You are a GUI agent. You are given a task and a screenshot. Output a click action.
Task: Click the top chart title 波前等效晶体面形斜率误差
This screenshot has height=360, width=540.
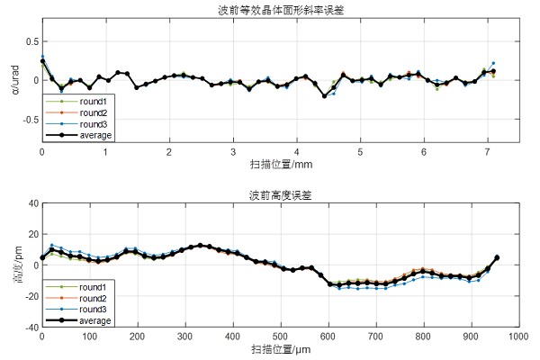click(x=279, y=10)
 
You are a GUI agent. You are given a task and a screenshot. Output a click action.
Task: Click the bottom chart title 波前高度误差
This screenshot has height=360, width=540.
click(x=279, y=194)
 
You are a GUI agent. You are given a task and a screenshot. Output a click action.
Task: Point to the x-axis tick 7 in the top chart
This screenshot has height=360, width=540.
click(x=487, y=151)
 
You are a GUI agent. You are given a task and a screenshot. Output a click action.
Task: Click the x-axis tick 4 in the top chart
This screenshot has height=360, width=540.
click(x=296, y=151)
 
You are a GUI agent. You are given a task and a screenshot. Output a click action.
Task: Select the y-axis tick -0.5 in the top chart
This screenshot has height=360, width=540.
click(x=29, y=118)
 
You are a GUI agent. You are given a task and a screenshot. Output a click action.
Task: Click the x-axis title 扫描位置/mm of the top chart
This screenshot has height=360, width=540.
click(x=279, y=165)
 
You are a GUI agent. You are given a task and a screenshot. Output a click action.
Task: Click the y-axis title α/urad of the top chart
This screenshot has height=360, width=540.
click(x=12, y=80)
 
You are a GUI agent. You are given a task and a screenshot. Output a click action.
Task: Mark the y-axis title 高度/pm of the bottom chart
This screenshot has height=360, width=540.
click(x=12, y=265)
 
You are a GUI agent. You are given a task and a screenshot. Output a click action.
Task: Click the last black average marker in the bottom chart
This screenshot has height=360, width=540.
click(x=497, y=258)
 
